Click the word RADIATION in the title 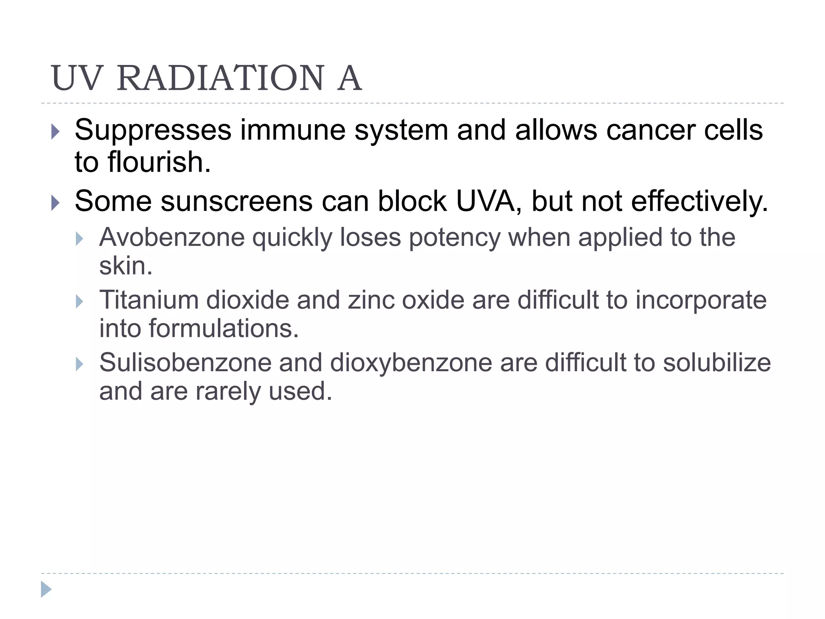coord(220,78)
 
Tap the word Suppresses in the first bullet coord(153,130)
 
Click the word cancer coord(650,130)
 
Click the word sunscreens coord(236,201)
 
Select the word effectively coord(699,201)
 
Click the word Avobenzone coord(172,237)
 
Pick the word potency coord(454,237)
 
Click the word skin coord(126,266)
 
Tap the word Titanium coord(149,300)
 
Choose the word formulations coord(224,328)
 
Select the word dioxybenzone coord(411,363)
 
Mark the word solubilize coord(717,363)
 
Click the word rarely coord(228,391)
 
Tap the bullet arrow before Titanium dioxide coord(79,301)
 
